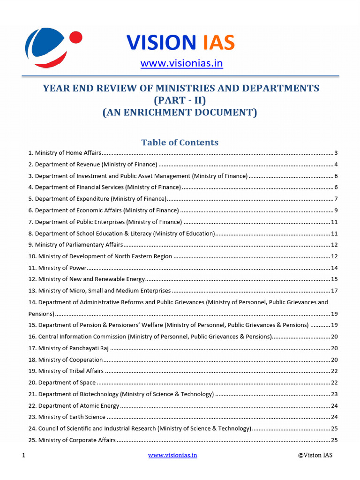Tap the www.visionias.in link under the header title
181,63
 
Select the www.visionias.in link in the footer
172,455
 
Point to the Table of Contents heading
180,142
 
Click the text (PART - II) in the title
180,100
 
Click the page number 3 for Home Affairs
336,153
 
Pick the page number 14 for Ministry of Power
334,268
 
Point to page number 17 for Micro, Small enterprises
334,291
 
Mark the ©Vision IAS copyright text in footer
315,455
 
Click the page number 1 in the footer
23,455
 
